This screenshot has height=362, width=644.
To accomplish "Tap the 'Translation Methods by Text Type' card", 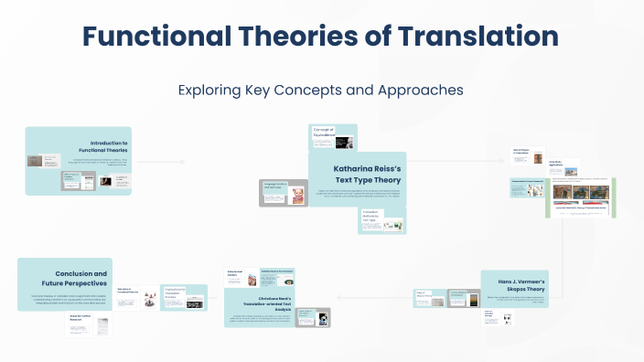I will click(382, 220).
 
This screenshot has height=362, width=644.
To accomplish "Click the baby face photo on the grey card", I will click(297, 194).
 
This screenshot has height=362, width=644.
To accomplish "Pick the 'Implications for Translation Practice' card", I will click(184, 297).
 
